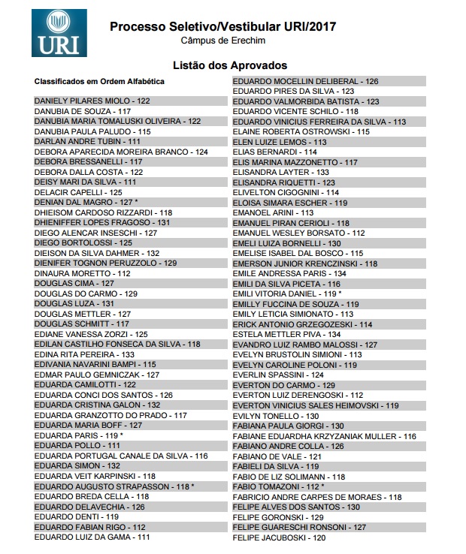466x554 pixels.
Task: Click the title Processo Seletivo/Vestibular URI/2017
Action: tap(222, 26)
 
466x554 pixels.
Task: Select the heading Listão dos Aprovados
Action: tap(224, 65)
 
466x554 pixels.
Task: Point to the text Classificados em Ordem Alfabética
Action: tap(99, 81)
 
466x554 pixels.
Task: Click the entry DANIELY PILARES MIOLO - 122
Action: tap(92, 101)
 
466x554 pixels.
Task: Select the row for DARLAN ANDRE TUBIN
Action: tap(87, 141)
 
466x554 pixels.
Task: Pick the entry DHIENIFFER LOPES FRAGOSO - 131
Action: tap(102, 223)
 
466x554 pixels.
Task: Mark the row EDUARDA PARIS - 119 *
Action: tap(78, 435)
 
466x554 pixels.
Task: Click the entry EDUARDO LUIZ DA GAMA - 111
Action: tap(92, 537)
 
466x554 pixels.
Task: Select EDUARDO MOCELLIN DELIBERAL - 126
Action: tap(305, 81)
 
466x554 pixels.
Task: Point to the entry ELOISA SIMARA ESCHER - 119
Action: tap(289, 203)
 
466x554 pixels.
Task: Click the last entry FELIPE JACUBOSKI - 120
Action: tap(279, 537)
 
